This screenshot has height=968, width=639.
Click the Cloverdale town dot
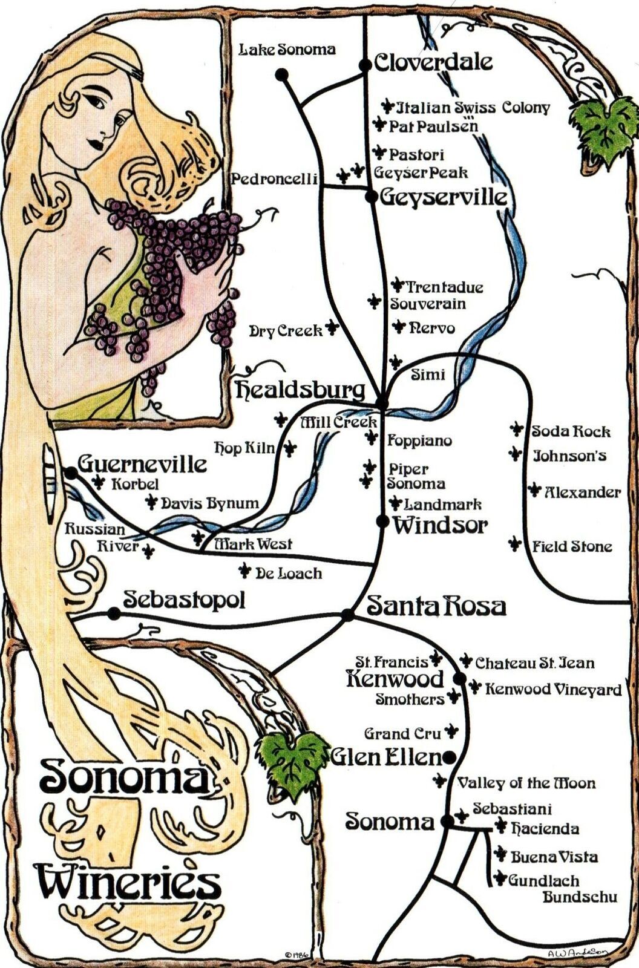[x=365, y=65]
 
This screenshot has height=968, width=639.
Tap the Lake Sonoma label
[x=287, y=49]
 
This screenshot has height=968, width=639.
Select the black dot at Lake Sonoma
[x=281, y=74]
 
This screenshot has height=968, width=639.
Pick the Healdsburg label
[x=301, y=390]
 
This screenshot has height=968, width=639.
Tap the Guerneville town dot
[x=71, y=473]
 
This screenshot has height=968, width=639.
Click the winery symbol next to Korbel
[x=99, y=482]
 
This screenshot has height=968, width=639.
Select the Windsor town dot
[x=382, y=521]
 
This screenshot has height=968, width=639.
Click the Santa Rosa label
[x=436, y=606]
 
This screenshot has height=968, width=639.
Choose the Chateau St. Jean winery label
[x=534, y=663]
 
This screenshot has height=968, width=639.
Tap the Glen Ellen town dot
[x=448, y=756]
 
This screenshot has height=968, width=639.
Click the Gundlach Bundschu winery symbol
[x=499, y=878]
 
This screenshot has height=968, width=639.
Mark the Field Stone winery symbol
[x=515, y=543]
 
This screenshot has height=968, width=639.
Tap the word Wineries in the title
[x=127, y=883]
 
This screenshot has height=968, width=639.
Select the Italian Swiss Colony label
[x=473, y=108]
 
